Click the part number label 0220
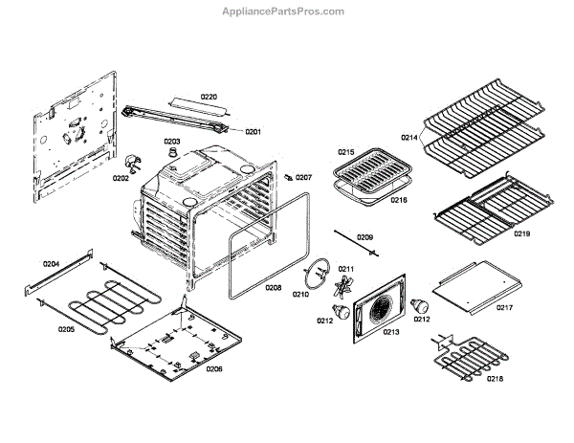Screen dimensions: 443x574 point(209,98)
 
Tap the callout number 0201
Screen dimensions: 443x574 point(254,131)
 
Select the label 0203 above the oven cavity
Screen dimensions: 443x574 point(171,142)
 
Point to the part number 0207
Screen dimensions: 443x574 point(303,177)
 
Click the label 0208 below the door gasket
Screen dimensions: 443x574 point(274,287)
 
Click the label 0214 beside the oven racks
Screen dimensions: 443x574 point(409,138)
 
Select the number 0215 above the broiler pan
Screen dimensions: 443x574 point(345,152)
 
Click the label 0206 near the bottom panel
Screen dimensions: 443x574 point(214,368)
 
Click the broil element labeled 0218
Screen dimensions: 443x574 point(470,360)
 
